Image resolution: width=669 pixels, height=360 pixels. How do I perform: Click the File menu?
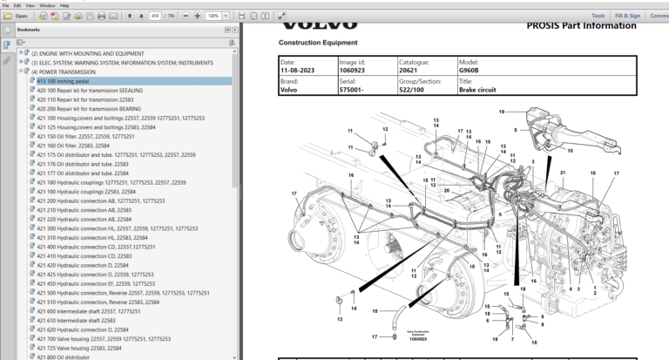point(5,4)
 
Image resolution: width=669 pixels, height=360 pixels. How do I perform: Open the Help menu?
point(63,4)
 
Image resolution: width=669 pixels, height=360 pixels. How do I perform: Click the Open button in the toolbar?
point(17,16)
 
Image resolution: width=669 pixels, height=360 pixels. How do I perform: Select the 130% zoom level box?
point(213,16)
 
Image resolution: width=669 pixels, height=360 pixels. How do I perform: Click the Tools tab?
point(598,16)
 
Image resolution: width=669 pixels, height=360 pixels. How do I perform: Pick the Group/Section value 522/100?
point(416,90)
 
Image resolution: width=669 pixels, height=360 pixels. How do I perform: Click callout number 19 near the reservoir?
point(501,112)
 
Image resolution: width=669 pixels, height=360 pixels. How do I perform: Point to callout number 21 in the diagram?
point(563,173)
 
